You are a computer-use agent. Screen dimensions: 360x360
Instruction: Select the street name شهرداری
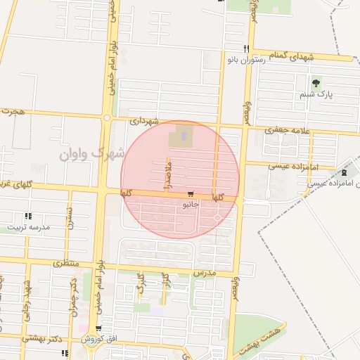click(x=145, y=122)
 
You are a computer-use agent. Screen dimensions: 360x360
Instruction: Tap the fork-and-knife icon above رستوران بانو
click(x=245, y=49)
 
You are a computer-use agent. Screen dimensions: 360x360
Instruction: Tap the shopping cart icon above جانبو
click(x=191, y=194)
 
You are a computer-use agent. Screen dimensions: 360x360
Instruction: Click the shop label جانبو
click(x=191, y=205)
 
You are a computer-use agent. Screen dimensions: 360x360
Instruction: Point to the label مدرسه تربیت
click(x=29, y=227)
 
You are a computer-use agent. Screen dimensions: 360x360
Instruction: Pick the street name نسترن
click(x=70, y=221)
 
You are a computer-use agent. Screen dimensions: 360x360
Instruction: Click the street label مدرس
click(x=203, y=271)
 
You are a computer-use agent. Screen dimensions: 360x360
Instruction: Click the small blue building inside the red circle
click(x=184, y=133)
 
